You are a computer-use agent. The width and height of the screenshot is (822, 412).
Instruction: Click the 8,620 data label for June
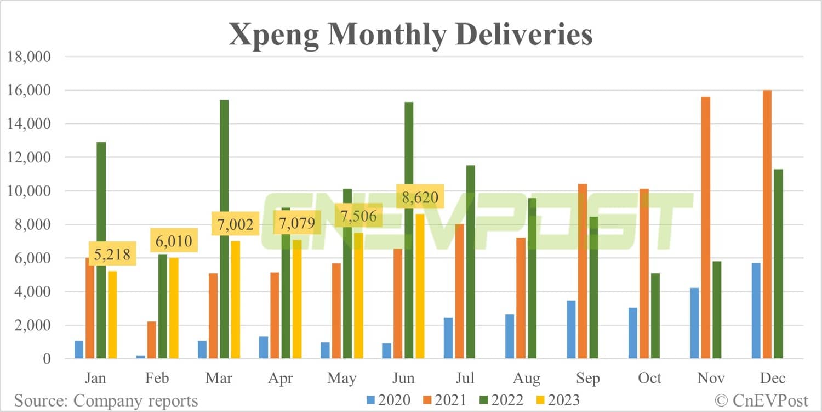click(x=420, y=197)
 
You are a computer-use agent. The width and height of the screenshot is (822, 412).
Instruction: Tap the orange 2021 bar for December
click(x=767, y=224)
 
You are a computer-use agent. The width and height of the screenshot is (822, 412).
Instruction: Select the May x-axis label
click(x=341, y=379)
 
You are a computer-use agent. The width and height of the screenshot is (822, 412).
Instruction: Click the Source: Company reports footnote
click(x=106, y=400)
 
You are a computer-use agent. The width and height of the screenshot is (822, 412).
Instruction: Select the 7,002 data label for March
click(x=235, y=225)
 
